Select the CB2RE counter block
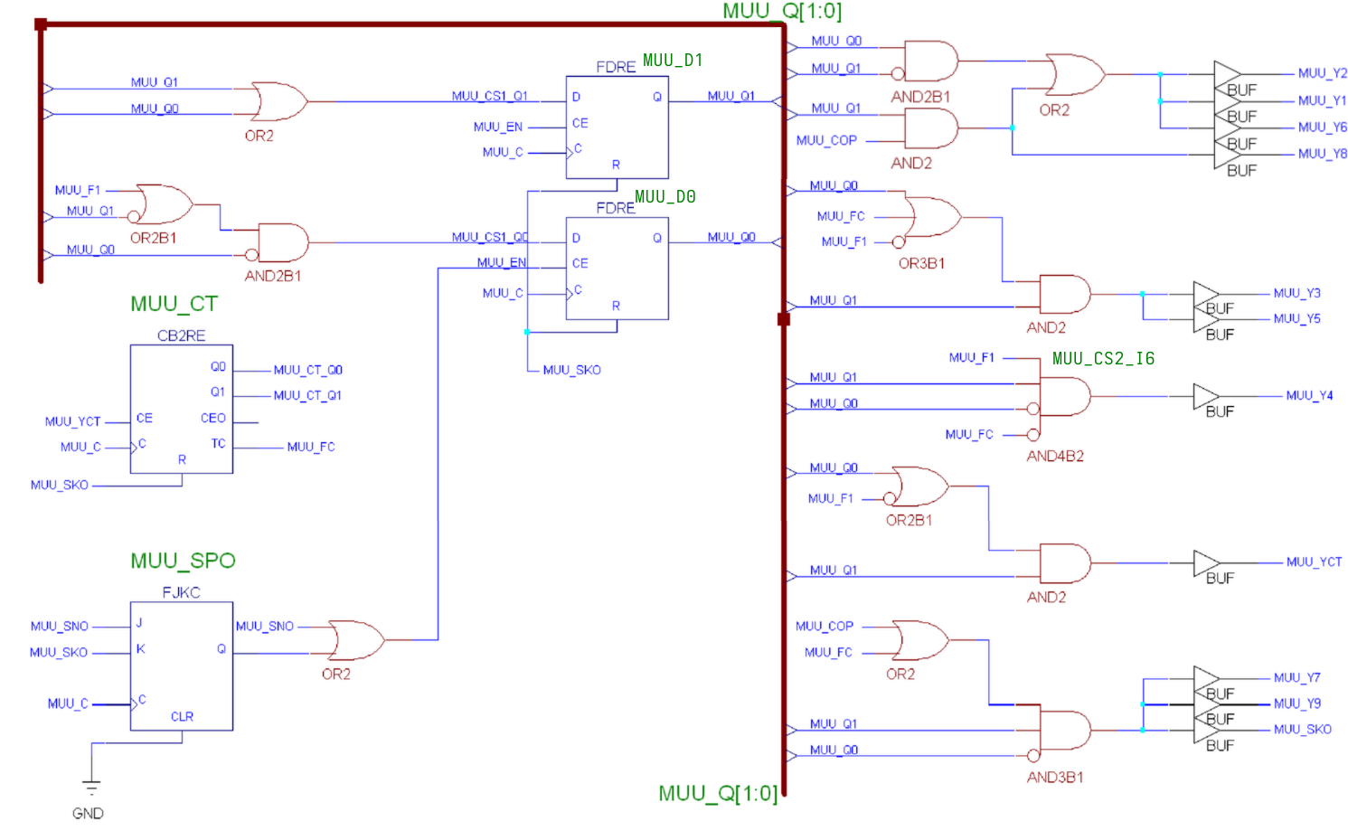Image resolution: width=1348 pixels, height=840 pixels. click(x=181, y=409)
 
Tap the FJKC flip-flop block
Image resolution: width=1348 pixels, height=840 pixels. click(x=181, y=665)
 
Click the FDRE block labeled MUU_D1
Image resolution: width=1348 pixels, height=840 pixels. click(x=617, y=127)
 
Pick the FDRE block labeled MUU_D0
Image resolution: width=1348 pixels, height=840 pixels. click(x=617, y=268)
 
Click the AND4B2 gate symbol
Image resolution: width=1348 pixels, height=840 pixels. click(x=1064, y=396)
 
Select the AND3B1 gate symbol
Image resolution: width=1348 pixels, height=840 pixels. click(x=1064, y=731)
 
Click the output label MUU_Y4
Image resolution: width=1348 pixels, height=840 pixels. click(x=1309, y=396)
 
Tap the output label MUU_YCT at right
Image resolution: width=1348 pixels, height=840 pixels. click(x=1314, y=562)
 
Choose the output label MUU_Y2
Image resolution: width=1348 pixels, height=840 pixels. click(x=1322, y=73)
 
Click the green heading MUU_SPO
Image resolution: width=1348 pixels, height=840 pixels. click(x=183, y=561)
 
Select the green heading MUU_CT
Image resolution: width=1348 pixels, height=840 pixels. click(x=174, y=304)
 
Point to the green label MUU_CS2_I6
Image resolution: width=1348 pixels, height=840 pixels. click(x=1103, y=359)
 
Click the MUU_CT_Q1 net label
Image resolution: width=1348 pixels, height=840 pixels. click(x=307, y=396)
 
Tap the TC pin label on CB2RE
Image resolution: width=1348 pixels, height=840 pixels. click(x=218, y=444)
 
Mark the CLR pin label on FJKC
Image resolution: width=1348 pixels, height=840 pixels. click(x=182, y=716)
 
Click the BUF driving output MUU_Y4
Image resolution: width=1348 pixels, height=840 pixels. click(x=1205, y=396)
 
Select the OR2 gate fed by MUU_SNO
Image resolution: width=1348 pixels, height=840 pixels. click(x=356, y=640)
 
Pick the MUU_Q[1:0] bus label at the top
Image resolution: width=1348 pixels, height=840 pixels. click(x=782, y=11)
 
